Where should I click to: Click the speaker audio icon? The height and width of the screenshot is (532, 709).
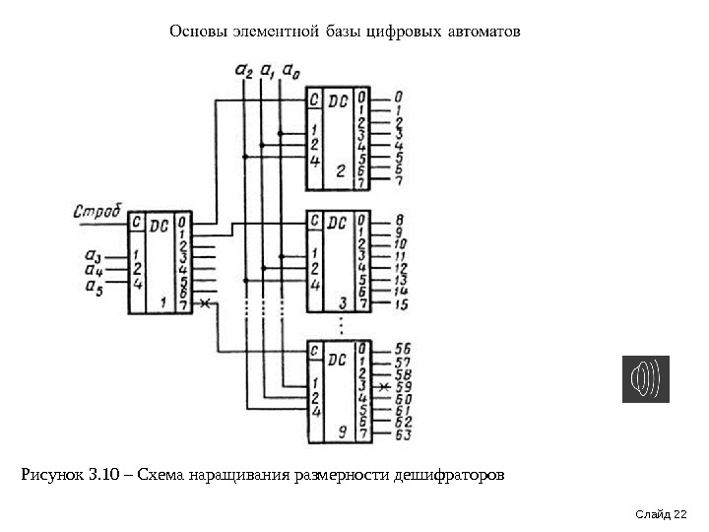(645, 379)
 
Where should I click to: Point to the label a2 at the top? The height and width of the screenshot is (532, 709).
(243, 70)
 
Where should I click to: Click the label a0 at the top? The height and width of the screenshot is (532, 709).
(290, 70)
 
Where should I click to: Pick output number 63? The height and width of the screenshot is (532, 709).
(402, 434)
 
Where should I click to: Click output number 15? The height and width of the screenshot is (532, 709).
(401, 305)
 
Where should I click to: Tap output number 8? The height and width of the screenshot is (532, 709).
(400, 219)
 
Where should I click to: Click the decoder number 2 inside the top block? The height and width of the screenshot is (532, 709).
(340, 169)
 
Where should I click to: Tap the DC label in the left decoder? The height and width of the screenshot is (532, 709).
(159, 225)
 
